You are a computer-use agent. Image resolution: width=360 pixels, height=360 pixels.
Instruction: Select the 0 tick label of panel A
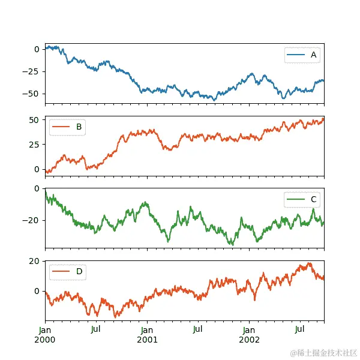coord(37,49)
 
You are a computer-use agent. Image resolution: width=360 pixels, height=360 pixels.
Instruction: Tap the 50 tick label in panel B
coord(35,120)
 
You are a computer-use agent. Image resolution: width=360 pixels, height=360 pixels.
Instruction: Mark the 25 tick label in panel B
coord(35,145)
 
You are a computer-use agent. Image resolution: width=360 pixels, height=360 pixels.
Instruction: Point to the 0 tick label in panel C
coord(37,188)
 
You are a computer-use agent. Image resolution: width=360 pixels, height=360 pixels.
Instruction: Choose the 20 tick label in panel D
coord(35,261)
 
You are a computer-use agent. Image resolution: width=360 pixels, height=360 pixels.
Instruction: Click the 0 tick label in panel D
coord(37,291)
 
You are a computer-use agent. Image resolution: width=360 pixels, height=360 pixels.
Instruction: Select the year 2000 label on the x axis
coord(45,339)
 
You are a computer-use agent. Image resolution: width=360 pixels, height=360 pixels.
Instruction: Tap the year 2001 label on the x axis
coord(147,339)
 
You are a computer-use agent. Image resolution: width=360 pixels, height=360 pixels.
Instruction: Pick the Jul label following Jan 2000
coord(96,329)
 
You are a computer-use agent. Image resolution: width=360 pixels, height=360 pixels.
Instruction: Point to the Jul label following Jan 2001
coord(198,329)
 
